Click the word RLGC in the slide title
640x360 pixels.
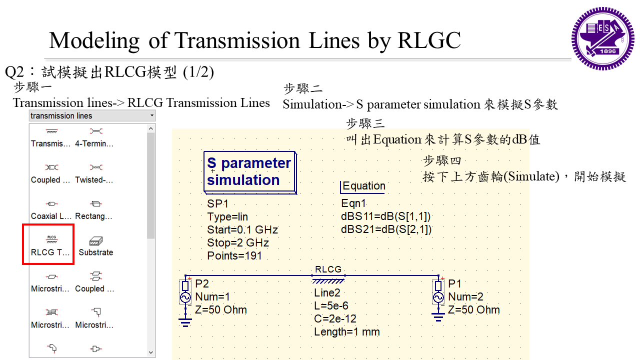[x=429, y=40]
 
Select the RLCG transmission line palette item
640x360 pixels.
[x=50, y=243]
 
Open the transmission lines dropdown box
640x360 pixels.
[x=92, y=116]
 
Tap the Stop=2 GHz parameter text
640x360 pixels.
[x=238, y=243]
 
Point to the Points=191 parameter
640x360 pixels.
[x=234, y=256]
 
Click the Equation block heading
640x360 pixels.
[x=363, y=186]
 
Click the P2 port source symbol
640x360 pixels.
[x=185, y=297]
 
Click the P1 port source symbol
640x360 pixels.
[x=438, y=297]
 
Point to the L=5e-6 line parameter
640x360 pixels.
[x=331, y=306]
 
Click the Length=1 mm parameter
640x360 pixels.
[x=347, y=332]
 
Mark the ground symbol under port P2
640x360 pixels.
[x=185, y=321]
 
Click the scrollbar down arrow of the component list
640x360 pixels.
[x=151, y=352]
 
